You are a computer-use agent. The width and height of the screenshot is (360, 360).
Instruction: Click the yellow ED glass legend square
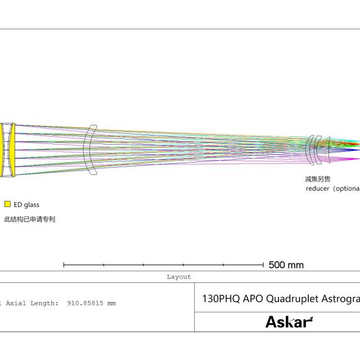pos(7,204)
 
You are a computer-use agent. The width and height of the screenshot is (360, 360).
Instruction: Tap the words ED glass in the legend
pos(26,205)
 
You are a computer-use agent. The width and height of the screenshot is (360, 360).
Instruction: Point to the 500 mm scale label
pos(286,265)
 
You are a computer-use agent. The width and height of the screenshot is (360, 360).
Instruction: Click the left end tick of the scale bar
pos(64,265)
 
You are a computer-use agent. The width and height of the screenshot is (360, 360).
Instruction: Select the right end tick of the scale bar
pos(263,265)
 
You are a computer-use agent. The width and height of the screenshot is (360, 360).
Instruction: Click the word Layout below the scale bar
pos(179,277)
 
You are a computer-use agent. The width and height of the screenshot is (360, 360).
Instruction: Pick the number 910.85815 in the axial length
pos(85,303)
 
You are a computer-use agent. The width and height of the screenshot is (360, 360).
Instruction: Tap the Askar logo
pos(289,322)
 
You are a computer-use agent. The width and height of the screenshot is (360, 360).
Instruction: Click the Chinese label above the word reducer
pos(317,179)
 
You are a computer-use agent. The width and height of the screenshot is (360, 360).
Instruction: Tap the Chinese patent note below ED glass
pos(30,219)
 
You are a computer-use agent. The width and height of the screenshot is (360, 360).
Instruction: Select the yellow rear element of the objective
pos(12,150)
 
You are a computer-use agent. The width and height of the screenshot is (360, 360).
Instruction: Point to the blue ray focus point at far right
pos(357,150)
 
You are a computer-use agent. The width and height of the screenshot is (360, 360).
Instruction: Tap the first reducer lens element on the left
pos(310,150)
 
